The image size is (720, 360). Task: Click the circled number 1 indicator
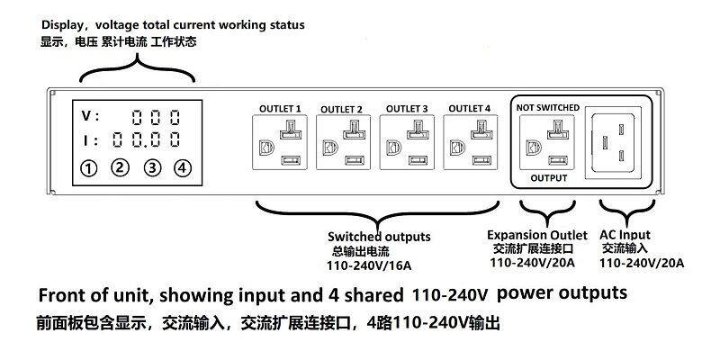click(x=88, y=167)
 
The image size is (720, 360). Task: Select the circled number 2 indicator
click(x=120, y=167)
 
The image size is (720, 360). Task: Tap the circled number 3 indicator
click(x=152, y=167)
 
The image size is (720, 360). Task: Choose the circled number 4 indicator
click(x=183, y=167)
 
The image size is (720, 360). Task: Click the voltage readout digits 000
click(x=156, y=117)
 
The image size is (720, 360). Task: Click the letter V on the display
click(x=87, y=117)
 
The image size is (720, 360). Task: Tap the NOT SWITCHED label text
click(x=546, y=106)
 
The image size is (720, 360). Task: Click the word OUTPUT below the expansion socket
click(x=548, y=178)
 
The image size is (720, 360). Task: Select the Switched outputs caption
click(x=378, y=237)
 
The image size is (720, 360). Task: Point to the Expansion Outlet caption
click(x=536, y=234)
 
